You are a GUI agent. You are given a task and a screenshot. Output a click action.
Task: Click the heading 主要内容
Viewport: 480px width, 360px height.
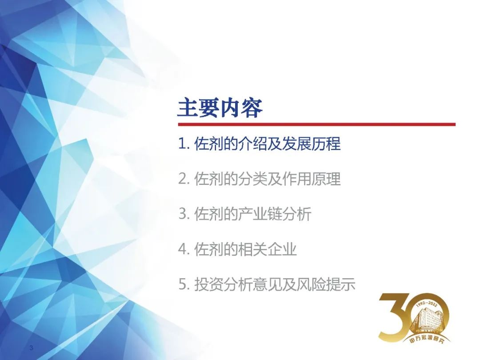(x=220, y=108)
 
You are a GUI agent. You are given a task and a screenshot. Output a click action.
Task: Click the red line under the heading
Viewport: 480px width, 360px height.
(x=317, y=124)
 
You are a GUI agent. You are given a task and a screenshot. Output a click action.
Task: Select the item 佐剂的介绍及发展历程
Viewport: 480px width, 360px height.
(x=267, y=144)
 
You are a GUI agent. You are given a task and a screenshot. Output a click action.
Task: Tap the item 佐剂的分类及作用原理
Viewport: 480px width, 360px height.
(x=267, y=179)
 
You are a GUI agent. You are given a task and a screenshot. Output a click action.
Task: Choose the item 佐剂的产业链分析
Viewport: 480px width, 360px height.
(x=253, y=214)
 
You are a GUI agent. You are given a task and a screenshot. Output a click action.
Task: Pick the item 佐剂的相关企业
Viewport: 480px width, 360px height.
(x=245, y=249)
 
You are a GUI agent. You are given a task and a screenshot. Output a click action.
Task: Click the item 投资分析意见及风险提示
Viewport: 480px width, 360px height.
(x=275, y=284)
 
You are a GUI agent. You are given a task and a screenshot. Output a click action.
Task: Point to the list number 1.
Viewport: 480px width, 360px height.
(x=183, y=144)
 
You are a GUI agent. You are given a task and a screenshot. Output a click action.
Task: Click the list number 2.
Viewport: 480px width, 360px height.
(x=183, y=179)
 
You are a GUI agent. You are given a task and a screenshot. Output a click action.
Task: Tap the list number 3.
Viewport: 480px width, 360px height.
(x=183, y=214)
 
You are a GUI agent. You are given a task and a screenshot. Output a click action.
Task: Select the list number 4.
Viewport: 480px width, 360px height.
(x=183, y=249)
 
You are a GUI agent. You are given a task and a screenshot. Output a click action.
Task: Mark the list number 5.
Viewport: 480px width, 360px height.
(x=183, y=284)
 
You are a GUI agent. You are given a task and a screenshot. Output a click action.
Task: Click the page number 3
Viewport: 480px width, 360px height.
(x=31, y=348)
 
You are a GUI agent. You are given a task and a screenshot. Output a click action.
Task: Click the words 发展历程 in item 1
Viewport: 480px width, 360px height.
(x=311, y=144)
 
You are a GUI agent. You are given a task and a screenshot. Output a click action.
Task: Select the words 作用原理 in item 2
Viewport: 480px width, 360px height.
(x=311, y=179)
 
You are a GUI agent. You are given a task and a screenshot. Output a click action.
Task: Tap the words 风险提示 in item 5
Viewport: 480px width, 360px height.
(x=326, y=284)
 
